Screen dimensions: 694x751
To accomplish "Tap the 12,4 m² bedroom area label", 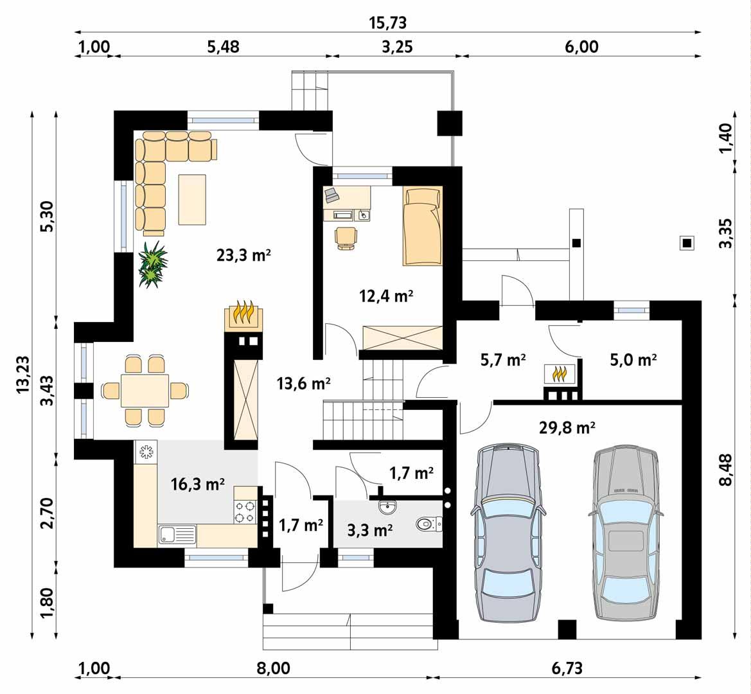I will (x=385, y=296).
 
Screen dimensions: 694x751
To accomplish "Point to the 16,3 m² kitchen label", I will (x=198, y=484).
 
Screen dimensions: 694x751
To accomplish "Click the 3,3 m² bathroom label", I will (x=369, y=530).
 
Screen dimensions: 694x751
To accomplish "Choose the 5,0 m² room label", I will (x=633, y=360).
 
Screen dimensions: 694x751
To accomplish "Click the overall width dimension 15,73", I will (x=387, y=23).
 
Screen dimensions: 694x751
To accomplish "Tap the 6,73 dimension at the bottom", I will (x=567, y=668).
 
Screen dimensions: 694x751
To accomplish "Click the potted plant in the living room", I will (x=153, y=264).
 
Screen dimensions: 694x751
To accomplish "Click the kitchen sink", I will (x=177, y=533).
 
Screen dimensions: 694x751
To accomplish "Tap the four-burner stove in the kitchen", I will (x=245, y=512).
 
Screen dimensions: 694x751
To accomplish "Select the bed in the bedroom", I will (x=423, y=226).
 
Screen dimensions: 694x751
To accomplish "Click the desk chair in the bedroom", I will (x=346, y=237).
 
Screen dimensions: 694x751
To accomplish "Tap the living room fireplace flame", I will (x=243, y=312).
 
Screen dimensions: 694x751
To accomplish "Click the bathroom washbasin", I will (x=388, y=508).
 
